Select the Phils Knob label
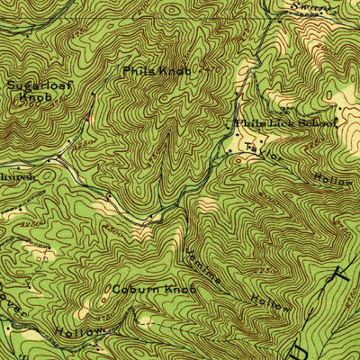pos(157,69)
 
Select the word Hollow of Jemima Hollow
pos(269,301)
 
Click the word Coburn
pos(134,290)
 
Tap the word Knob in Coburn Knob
pos(180,290)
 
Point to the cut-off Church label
pos(17,177)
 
